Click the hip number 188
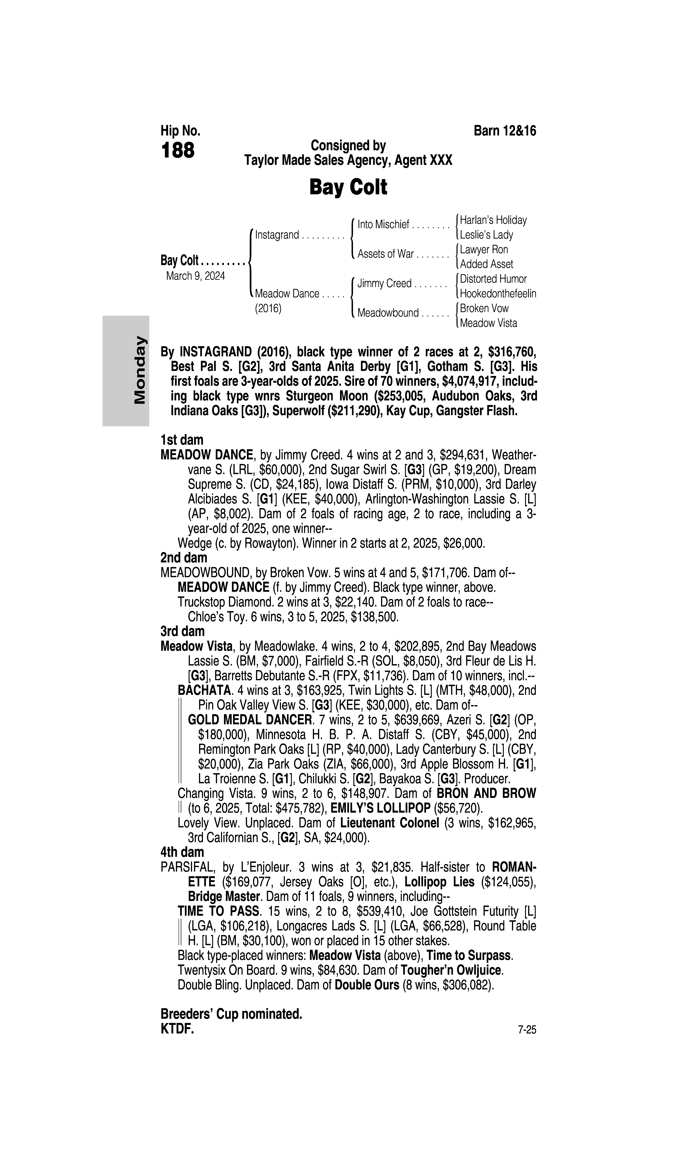click(x=178, y=151)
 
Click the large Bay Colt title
click(x=348, y=187)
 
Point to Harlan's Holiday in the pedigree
click(x=493, y=220)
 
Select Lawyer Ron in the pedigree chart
click(x=484, y=249)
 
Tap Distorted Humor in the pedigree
click(x=493, y=279)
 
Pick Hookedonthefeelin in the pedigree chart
click(x=498, y=294)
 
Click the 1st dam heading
click(x=182, y=440)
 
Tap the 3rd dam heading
click(x=183, y=631)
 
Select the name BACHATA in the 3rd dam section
click(x=204, y=691)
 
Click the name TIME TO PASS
click(x=218, y=911)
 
